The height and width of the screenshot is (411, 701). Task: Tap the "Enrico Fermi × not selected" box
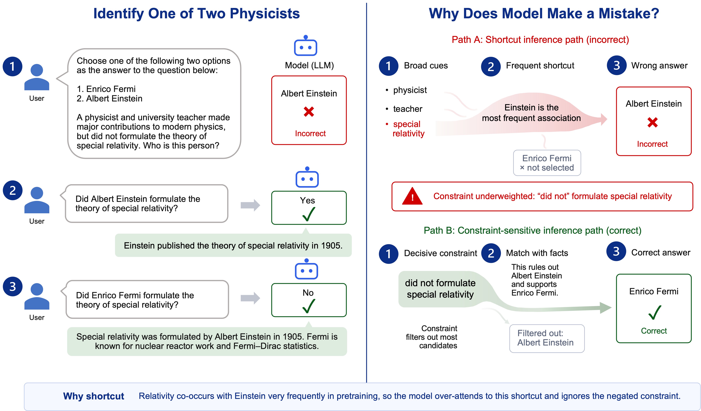pos(547,163)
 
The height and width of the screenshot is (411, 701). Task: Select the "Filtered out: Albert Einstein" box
pos(547,338)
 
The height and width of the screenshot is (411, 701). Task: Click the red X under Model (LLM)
pos(309,112)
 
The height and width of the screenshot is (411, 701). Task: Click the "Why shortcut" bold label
pos(94,396)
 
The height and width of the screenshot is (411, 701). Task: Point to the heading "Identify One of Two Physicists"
pos(196,13)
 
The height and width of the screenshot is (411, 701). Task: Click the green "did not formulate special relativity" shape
pos(440,289)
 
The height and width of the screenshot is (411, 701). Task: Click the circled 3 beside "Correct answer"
pos(616,251)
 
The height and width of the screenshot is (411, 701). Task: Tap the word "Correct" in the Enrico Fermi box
pos(654,331)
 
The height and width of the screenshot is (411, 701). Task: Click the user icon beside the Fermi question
pos(37,296)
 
